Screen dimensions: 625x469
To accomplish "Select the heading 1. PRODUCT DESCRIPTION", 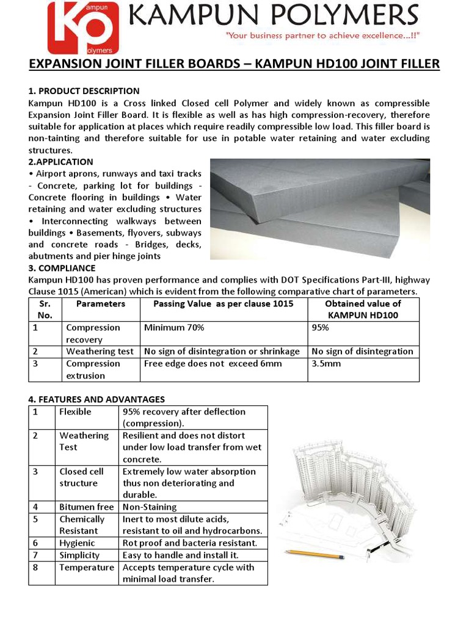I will tap(84, 91).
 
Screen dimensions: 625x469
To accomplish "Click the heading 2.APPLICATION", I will tap(60, 162).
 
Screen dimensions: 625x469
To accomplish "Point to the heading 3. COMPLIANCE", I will tap(62, 268).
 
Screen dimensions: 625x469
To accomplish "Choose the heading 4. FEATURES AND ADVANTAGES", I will tap(96, 399).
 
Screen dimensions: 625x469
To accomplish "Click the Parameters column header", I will tap(101, 303).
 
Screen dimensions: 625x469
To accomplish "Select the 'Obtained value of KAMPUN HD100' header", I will tap(363, 309).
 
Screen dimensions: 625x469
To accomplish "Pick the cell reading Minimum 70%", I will tap(174, 328).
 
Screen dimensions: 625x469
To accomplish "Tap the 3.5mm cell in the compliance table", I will tap(326, 364).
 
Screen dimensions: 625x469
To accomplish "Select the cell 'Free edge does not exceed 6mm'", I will tap(213, 364).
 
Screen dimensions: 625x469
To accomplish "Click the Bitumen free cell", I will tap(87, 507).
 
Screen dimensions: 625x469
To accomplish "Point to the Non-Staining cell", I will tap(150, 507).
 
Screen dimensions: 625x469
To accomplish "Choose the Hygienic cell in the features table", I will tap(77, 543).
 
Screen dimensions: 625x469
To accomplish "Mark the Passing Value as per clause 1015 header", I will tap(223, 303).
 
